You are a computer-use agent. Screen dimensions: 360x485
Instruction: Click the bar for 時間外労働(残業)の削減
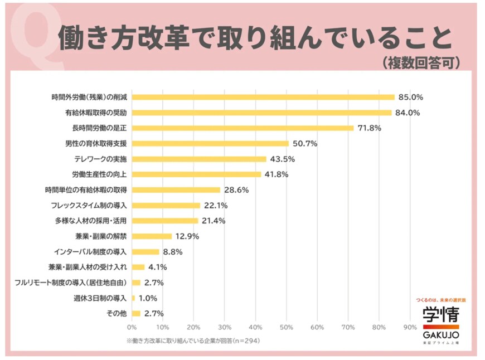pos(263,97)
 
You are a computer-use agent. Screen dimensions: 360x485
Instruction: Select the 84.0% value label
pos(408,113)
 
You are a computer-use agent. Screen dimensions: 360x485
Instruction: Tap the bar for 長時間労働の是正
pos(243,128)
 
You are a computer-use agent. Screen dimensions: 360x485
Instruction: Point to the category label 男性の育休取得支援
pos(96,143)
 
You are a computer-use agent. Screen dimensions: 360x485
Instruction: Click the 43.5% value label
pos(282,159)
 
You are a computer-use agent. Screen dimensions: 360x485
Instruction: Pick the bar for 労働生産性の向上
pos(196,174)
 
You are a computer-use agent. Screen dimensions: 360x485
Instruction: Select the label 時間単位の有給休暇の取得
pos(86,189)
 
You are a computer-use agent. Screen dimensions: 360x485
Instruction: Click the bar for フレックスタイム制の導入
pos(166,205)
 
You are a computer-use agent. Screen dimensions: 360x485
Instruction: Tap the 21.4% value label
pos(214,221)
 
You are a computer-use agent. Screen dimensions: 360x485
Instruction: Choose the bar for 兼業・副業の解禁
pos(152,236)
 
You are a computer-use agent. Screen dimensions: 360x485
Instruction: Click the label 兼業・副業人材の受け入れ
pos(88,267)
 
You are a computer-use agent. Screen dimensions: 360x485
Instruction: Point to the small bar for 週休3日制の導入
pos(133,298)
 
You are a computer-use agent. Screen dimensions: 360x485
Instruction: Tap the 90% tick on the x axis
pos(410,327)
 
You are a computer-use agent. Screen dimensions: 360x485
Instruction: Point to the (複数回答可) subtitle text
pos(421,62)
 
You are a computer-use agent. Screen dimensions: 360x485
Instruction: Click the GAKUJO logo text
pos(440,334)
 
